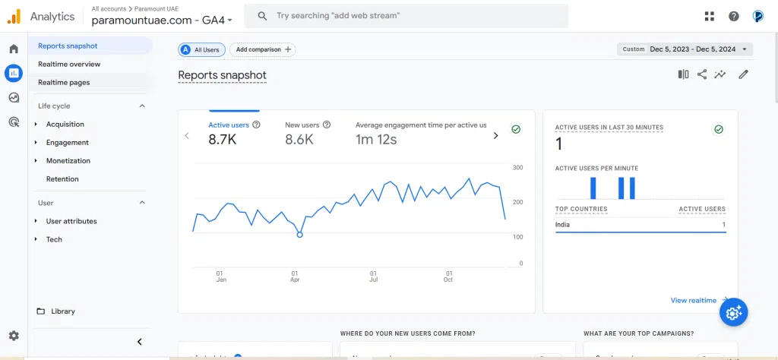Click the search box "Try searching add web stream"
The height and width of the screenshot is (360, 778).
(x=410, y=16)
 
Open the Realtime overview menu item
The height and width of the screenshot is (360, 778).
(x=69, y=64)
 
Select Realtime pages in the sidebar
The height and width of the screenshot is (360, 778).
(x=64, y=82)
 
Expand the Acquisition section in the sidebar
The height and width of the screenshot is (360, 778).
(x=65, y=124)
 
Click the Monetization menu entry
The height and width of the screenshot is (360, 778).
(x=68, y=160)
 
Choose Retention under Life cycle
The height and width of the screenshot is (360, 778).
(x=62, y=178)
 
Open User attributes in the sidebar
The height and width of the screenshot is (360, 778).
(x=71, y=221)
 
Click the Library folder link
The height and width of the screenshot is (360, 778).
(x=62, y=311)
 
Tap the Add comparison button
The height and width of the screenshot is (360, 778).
(x=263, y=49)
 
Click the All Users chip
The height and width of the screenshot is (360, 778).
(x=200, y=49)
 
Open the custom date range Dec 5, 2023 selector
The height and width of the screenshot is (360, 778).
(x=685, y=49)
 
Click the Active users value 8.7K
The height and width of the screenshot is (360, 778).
(x=223, y=139)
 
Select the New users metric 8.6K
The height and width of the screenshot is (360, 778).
(x=299, y=139)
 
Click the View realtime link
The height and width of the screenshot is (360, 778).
(x=693, y=300)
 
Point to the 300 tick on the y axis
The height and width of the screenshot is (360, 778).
(x=517, y=167)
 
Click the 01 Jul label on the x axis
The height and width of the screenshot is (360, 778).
(x=373, y=276)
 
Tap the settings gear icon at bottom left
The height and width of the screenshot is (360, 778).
(x=14, y=336)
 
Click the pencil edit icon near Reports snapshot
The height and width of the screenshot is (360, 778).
(x=743, y=74)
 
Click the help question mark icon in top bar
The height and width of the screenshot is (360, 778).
(x=733, y=16)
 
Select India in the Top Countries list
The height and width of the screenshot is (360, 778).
(x=562, y=225)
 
